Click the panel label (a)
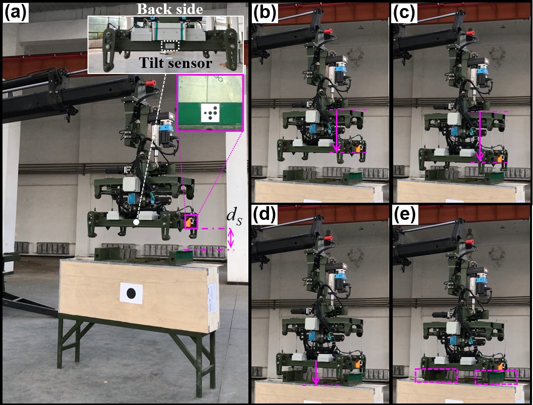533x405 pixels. coord(16,14)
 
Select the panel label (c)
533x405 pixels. coord(405,14)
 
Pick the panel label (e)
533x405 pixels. coord(405,215)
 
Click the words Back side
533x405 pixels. coord(170,9)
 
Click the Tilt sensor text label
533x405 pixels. coord(175,63)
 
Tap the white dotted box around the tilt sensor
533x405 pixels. coord(169,46)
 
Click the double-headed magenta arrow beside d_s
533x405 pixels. coord(231,238)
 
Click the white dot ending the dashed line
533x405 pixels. coord(136,222)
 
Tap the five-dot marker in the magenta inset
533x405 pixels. coord(210,113)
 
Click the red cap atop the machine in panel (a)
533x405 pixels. coord(151,83)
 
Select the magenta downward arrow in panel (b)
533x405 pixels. coord(336,131)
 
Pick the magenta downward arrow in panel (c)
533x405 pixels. coord(480,136)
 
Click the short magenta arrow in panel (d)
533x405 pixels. coord(316,373)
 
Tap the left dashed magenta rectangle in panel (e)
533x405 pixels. coord(436,375)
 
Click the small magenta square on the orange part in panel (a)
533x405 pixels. coord(191,222)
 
